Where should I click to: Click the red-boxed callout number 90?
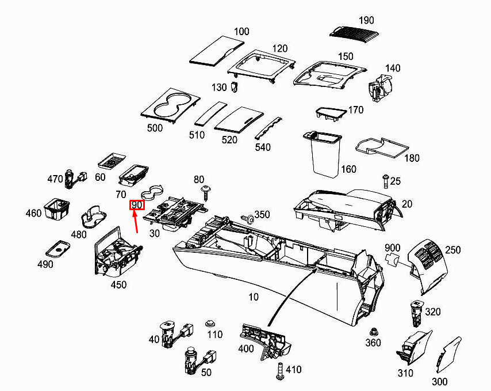click(137, 205)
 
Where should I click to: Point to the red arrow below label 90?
click(135, 222)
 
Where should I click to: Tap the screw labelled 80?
click(206, 193)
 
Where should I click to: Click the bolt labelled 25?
click(385, 181)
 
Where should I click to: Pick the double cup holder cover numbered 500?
click(170, 106)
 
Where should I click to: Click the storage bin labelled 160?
click(323, 153)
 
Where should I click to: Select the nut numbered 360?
click(373, 332)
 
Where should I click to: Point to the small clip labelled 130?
click(234, 87)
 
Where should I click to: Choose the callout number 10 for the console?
click(254, 297)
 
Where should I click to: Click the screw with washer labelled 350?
click(247, 219)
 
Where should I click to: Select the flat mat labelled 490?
click(58, 249)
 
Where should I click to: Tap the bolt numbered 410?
click(280, 371)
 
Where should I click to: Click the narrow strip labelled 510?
click(211, 113)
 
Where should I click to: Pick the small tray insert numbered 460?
click(57, 209)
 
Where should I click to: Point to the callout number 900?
click(392, 248)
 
